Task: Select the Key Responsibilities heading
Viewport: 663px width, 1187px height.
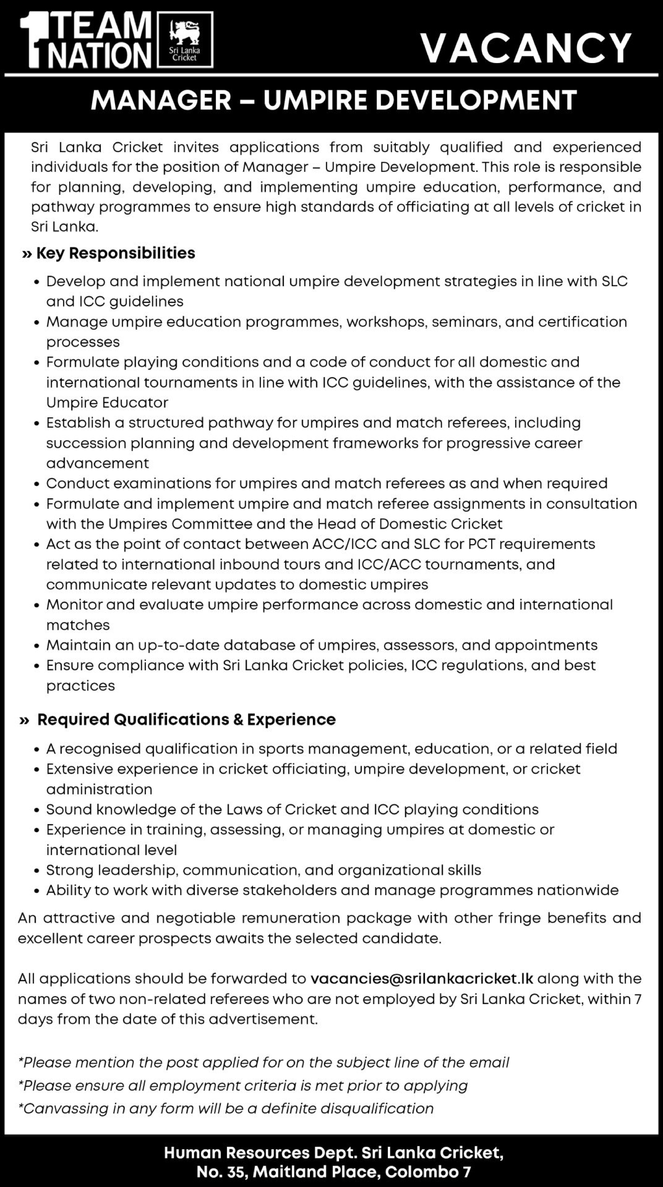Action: (x=115, y=253)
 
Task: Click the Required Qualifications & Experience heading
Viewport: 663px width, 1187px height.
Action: (x=186, y=719)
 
